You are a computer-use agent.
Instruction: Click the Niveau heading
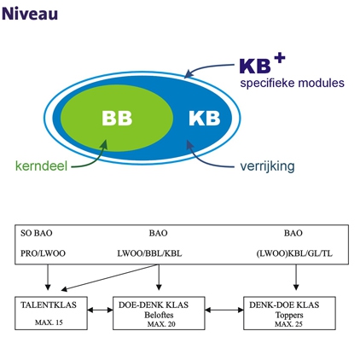tap(30, 14)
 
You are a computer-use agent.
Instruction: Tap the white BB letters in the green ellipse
tap(117, 118)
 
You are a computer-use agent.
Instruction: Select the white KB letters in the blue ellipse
tap(205, 118)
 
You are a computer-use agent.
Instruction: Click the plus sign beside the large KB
tap(280, 59)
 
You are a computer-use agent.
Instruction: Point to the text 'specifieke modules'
tap(293, 83)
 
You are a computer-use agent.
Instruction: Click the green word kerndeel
tap(41, 165)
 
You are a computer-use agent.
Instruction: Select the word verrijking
tap(267, 166)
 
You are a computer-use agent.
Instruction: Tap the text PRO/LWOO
tap(43, 253)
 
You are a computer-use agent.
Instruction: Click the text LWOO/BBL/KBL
tap(149, 253)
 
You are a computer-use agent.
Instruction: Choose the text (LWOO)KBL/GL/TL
tap(294, 253)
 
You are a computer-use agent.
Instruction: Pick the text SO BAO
tap(37, 233)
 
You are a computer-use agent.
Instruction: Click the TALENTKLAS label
tap(49, 305)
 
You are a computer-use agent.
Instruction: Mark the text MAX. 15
tap(49, 322)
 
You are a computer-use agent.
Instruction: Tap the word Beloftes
tap(159, 315)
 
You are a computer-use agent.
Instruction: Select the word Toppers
tap(289, 315)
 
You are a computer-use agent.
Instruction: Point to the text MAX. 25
tap(288, 324)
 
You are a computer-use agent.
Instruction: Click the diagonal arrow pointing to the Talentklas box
tap(110, 277)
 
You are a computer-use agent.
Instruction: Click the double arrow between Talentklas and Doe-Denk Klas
tap(100, 310)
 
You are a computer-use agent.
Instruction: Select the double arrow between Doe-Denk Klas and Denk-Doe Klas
tap(224, 310)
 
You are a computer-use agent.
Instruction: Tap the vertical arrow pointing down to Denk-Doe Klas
tap(296, 277)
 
